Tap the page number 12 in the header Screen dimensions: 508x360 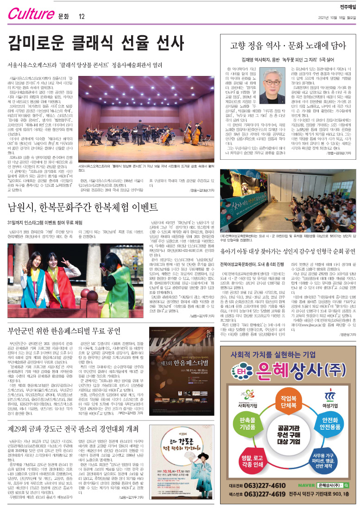click(x=82, y=17)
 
